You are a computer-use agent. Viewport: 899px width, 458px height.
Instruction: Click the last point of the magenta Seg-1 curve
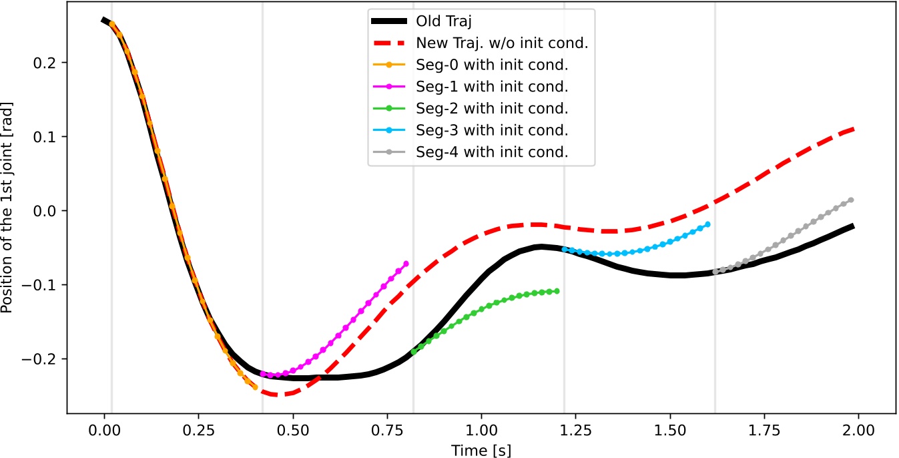coord(406,263)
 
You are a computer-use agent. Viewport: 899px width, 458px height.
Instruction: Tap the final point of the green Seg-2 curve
coord(557,291)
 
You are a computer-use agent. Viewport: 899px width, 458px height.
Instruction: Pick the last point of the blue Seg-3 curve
coord(707,224)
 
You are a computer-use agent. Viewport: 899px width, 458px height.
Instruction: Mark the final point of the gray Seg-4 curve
coord(851,200)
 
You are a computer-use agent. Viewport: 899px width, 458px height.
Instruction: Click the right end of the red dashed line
coord(854,129)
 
